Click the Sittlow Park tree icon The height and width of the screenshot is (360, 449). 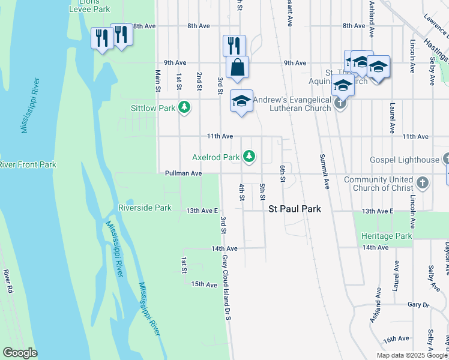pyautogui.click(x=184, y=108)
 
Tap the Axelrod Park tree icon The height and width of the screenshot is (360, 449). pyautogui.click(x=249, y=157)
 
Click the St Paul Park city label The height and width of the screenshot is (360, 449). pyautogui.click(x=294, y=209)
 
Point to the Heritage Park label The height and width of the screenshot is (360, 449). pyautogui.click(x=387, y=236)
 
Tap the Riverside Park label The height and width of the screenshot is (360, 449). pyautogui.click(x=145, y=208)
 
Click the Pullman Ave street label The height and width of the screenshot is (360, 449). pyautogui.click(x=183, y=173)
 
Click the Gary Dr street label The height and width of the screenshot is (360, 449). pyautogui.click(x=418, y=305)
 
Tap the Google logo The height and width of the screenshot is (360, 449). pyautogui.click(x=20, y=353)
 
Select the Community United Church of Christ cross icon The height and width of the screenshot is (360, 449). pyautogui.click(x=422, y=183)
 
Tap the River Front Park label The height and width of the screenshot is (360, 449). pyautogui.click(x=28, y=164)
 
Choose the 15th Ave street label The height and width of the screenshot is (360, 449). pyautogui.click(x=203, y=284)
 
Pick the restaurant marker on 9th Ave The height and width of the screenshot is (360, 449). pyautogui.click(x=234, y=46)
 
